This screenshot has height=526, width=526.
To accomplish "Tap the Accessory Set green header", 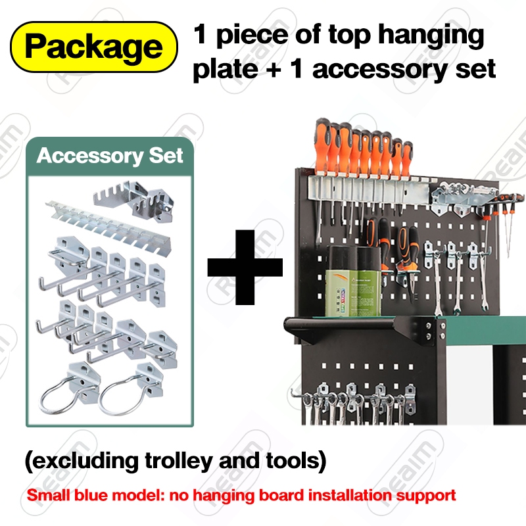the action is click(110, 156).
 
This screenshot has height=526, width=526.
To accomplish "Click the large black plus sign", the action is click(245, 267).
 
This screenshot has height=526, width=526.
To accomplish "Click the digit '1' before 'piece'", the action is click(199, 35).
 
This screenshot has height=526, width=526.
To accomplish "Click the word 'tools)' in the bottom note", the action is click(295, 461).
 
